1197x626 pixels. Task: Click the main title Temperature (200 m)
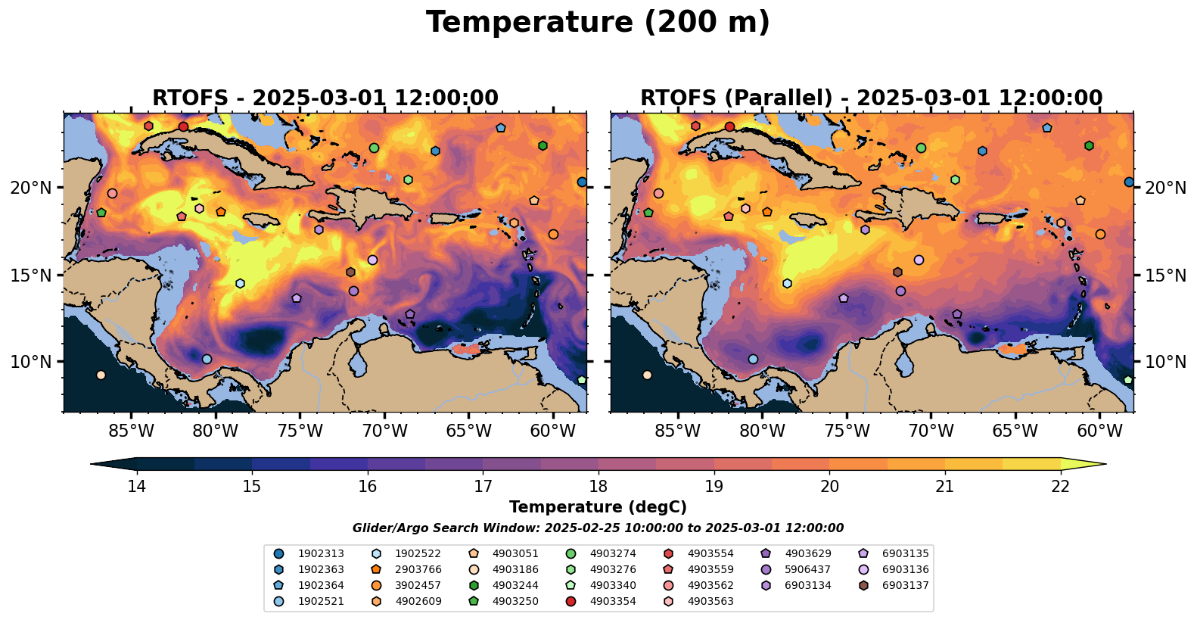click(598, 23)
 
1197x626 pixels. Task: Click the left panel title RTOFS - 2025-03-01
click(325, 98)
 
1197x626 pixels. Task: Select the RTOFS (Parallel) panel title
click(872, 98)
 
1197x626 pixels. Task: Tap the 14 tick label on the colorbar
click(137, 487)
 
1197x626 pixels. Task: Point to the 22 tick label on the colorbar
click(1060, 487)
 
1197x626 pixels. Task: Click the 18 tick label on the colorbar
click(598, 487)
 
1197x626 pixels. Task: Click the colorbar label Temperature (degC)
click(598, 507)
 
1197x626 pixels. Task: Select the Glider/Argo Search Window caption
click(598, 528)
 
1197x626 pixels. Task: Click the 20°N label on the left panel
click(30, 188)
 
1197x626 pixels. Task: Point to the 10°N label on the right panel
click(1165, 362)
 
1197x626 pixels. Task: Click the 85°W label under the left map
click(131, 431)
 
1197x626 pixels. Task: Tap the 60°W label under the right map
click(1099, 431)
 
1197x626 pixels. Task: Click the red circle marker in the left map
click(183, 126)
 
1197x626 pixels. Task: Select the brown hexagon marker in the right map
click(897, 272)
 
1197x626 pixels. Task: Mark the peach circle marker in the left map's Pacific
click(101, 375)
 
